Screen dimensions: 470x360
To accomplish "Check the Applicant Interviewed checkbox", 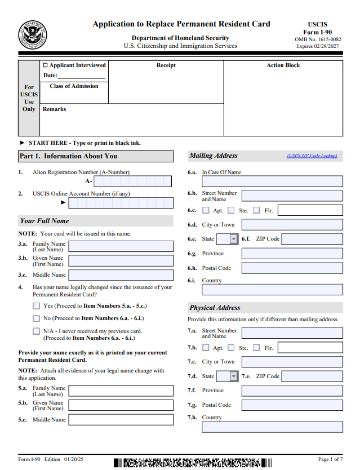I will [x=46, y=65].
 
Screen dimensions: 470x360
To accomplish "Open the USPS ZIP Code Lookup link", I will [x=312, y=156].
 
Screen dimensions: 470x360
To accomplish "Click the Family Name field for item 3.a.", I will [x=121, y=246].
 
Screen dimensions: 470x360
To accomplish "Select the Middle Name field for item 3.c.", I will [x=121, y=275].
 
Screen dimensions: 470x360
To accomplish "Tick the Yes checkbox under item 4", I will [x=37, y=306].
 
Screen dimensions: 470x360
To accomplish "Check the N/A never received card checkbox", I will [x=37, y=331].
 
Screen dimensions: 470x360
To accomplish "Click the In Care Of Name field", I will [x=272, y=181].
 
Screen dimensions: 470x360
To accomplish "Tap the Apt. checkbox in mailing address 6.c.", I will [x=206, y=210].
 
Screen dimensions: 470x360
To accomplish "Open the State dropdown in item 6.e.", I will [x=234, y=239].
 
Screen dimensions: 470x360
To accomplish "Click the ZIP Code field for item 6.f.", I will [x=312, y=239].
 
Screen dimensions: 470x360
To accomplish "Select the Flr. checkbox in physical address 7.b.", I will [x=257, y=348].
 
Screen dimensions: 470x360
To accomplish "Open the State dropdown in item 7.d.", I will [x=234, y=376].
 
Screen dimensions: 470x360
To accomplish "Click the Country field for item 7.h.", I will [x=272, y=427].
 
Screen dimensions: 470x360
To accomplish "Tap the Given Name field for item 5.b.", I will [x=121, y=405].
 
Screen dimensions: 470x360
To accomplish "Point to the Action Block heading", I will [x=283, y=65].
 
